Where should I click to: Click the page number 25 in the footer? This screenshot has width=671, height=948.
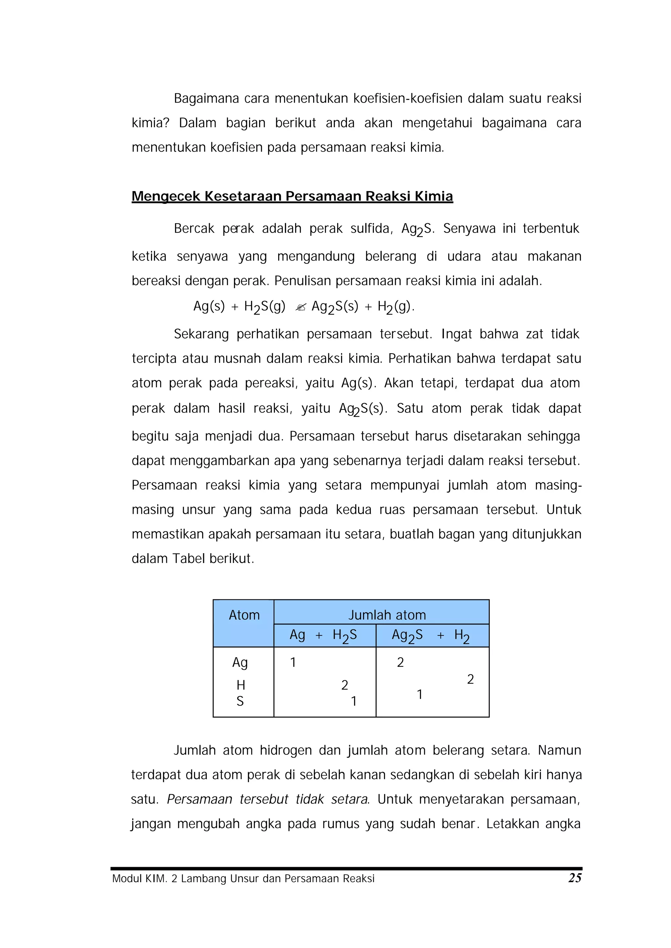coord(575,878)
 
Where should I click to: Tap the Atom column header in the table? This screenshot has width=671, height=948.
coord(244,615)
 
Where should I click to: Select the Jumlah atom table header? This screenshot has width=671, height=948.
coord(387,615)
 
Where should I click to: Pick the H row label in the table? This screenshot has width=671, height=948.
coord(241,685)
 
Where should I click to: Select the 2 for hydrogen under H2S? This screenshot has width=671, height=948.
coord(345,685)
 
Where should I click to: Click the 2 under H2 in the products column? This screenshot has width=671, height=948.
coord(470,679)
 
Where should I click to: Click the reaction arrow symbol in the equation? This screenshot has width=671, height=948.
coord(301,307)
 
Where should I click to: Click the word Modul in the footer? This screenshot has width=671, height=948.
coord(126,879)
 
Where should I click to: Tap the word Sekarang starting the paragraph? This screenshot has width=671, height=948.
coord(201,334)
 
